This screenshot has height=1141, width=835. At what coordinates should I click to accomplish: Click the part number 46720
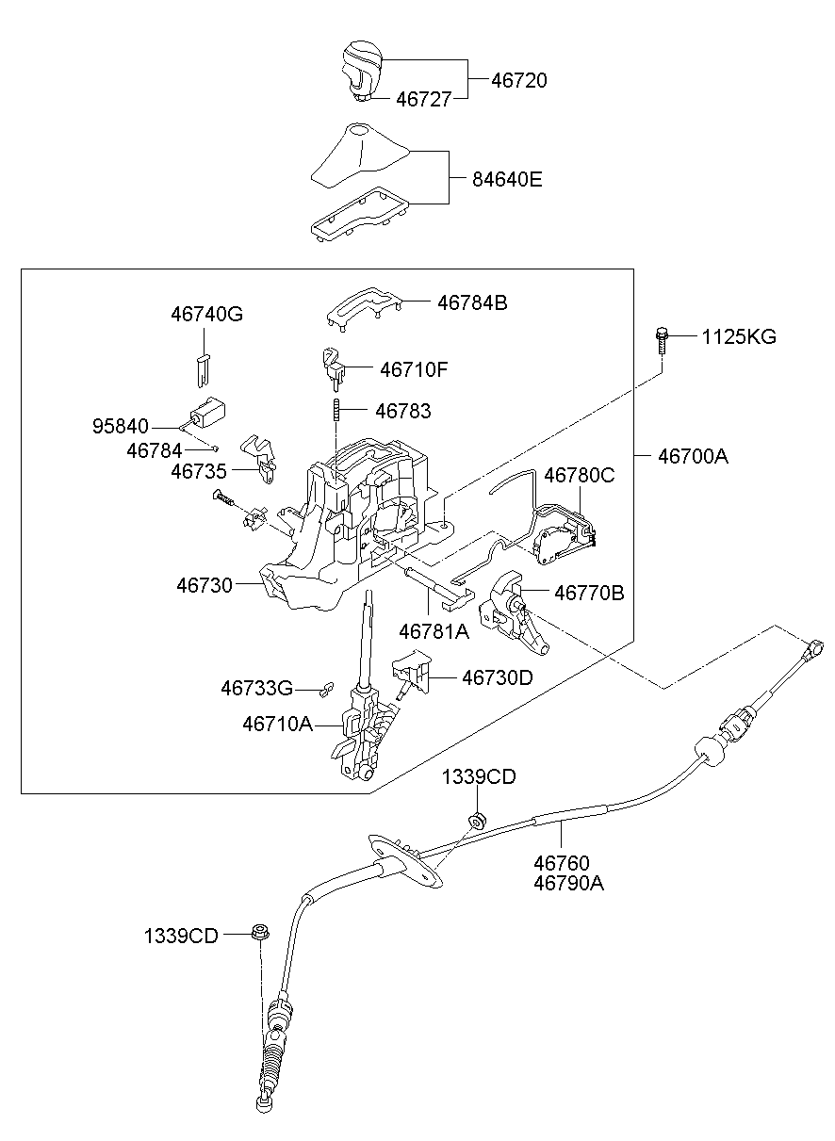coord(518,81)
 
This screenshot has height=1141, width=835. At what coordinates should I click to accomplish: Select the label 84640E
coord(508,179)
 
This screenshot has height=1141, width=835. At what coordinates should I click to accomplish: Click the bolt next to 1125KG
coord(663,338)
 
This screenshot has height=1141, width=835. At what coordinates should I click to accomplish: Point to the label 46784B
coord(471,303)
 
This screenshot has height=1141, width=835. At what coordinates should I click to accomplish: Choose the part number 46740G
coord(206,315)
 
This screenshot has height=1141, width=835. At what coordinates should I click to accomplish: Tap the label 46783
coord(402,411)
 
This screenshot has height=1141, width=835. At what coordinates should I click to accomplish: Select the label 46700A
coord(693,457)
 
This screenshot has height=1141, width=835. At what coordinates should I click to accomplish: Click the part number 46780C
coord(579,476)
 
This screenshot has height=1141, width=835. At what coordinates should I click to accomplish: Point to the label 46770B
coord(588,594)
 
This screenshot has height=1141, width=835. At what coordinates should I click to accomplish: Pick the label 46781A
coord(434,632)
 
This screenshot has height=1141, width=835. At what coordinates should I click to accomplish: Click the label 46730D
coord(497,677)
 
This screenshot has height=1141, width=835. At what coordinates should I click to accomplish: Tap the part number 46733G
coord(256,689)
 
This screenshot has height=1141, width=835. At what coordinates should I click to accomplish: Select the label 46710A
coord(277,725)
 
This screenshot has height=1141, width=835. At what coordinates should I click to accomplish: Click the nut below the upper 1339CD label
coord(478,820)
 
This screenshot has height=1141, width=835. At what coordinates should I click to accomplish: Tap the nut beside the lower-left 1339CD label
coord(257,934)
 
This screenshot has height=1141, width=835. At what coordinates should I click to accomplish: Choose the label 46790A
coord(568,884)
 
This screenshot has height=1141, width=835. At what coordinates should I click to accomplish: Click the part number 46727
coord(423,98)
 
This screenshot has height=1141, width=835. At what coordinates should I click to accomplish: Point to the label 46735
coord(200,469)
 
